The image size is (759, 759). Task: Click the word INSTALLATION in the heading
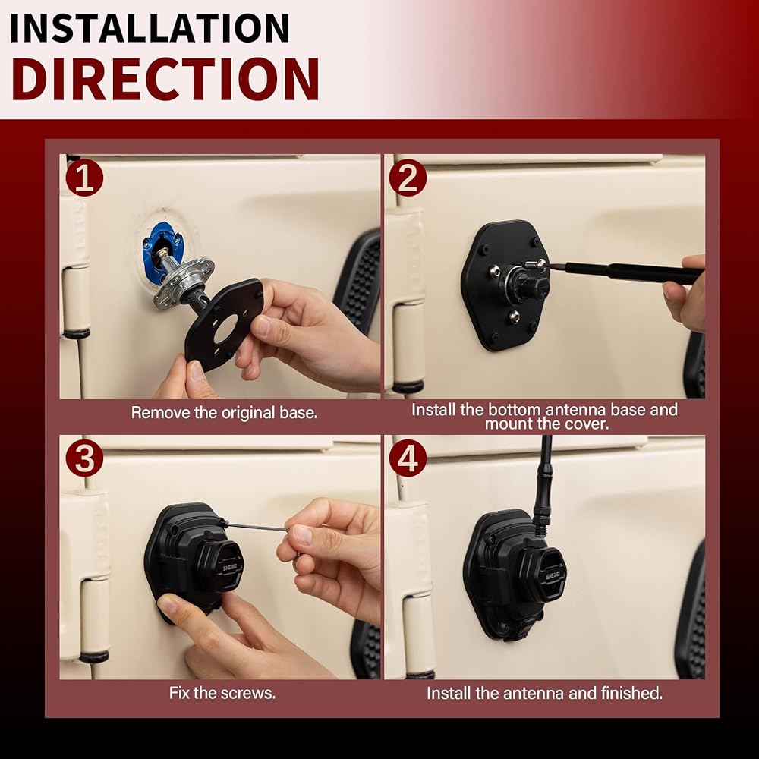(150, 28)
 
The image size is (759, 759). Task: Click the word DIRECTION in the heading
(165, 79)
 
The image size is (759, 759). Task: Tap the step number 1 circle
(85, 178)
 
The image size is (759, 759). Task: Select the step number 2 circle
(408, 178)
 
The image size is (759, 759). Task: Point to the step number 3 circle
(85, 458)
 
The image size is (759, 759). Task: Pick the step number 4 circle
(408, 458)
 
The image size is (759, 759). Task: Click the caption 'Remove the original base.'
(224, 413)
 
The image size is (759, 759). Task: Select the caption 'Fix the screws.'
(222, 693)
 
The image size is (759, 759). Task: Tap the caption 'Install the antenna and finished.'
(544, 693)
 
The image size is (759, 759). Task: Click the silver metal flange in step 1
(183, 282)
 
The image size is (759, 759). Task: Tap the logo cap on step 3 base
(226, 567)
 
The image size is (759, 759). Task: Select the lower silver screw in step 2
(513, 317)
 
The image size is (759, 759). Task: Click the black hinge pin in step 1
(76, 333)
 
